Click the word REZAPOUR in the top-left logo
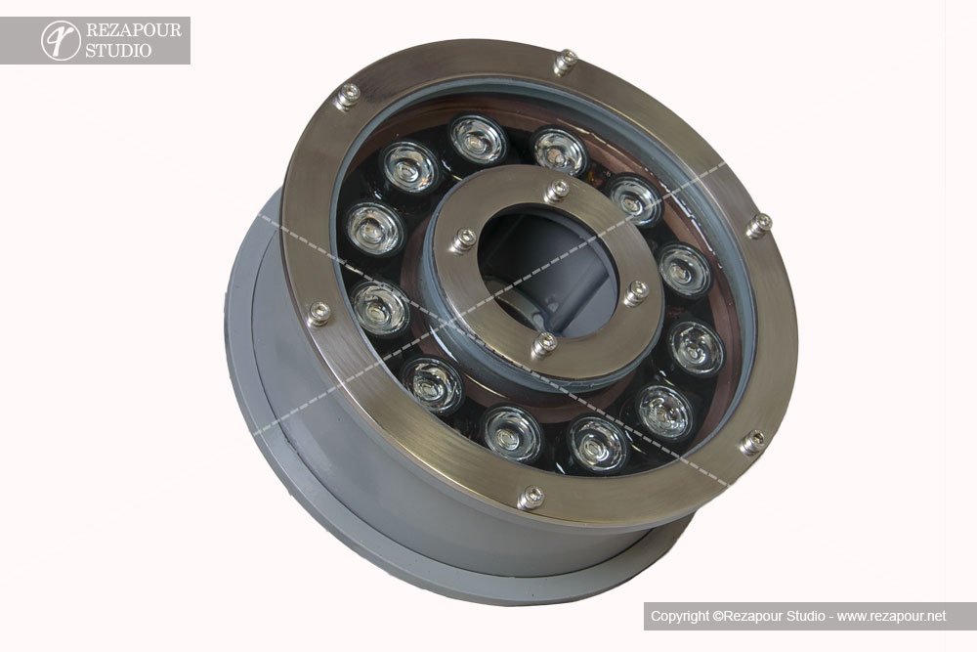point(133,30)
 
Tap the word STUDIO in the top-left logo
point(118,51)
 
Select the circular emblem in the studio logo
point(61,40)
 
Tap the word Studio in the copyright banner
point(806,616)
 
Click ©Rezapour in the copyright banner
point(747,616)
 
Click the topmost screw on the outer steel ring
point(565,63)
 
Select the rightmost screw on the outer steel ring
point(759,225)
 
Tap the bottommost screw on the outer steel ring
point(531,498)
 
